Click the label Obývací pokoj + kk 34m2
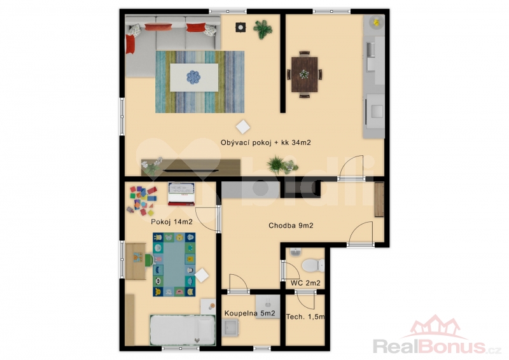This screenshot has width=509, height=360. pyautogui.click(x=265, y=142)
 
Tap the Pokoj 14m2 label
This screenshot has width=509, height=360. pyautogui.click(x=172, y=222)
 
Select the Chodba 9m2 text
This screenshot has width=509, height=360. pyautogui.click(x=291, y=226)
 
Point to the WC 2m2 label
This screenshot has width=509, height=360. pyautogui.click(x=305, y=283)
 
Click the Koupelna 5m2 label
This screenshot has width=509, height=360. pyautogui.click(x=250, y=314)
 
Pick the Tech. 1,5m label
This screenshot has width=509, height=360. pyautogui.click(x=305, y=317)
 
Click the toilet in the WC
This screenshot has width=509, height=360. pyautogui.click(x=313, y=265)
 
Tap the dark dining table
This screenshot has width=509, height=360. pyautogui.click(x=304, y=74)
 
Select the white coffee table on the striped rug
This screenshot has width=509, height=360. pyautogui.click(x=194, y=77)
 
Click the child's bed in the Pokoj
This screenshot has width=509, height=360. pyautogui.click(x=183, y=330)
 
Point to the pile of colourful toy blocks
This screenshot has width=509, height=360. pyautogui.click(x=143, y=200)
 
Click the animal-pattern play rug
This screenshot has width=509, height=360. pyautogui.click(x=174, y=265)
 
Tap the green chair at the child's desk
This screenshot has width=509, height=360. pyautogui.click(x=150, y=260)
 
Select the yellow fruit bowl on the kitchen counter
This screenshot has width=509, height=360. pyautogui.click(x=376, y=22)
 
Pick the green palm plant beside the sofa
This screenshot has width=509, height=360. pyautogui.click(x=263, y=29)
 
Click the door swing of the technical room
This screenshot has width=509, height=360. pyautogui.click(x=305, y=300)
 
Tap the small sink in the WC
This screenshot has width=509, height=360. pyautogui.click(x=295, y=252)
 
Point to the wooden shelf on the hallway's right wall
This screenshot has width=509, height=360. pyautogui.click(x=379, y=199)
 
